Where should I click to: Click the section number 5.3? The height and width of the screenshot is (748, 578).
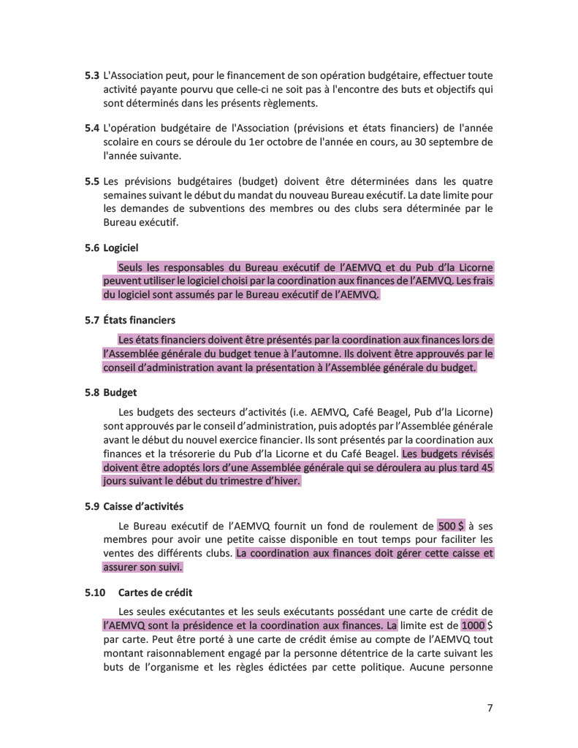tap(92, 75)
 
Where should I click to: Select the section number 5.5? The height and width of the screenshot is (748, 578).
tap(92, 181)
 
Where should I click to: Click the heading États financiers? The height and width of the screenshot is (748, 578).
tap(139, 320)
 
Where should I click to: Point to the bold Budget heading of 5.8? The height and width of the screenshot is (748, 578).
tap(120, 392)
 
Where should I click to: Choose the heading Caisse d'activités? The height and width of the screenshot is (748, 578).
tap(143, 505)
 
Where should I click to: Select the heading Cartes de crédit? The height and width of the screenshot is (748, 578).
tap(155, 592)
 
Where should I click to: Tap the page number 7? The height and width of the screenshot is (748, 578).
tap(490, 707)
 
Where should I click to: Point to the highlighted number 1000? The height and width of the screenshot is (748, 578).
tap(473, 625)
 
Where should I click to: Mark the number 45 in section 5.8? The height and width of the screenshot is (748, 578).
tap(484, 467)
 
